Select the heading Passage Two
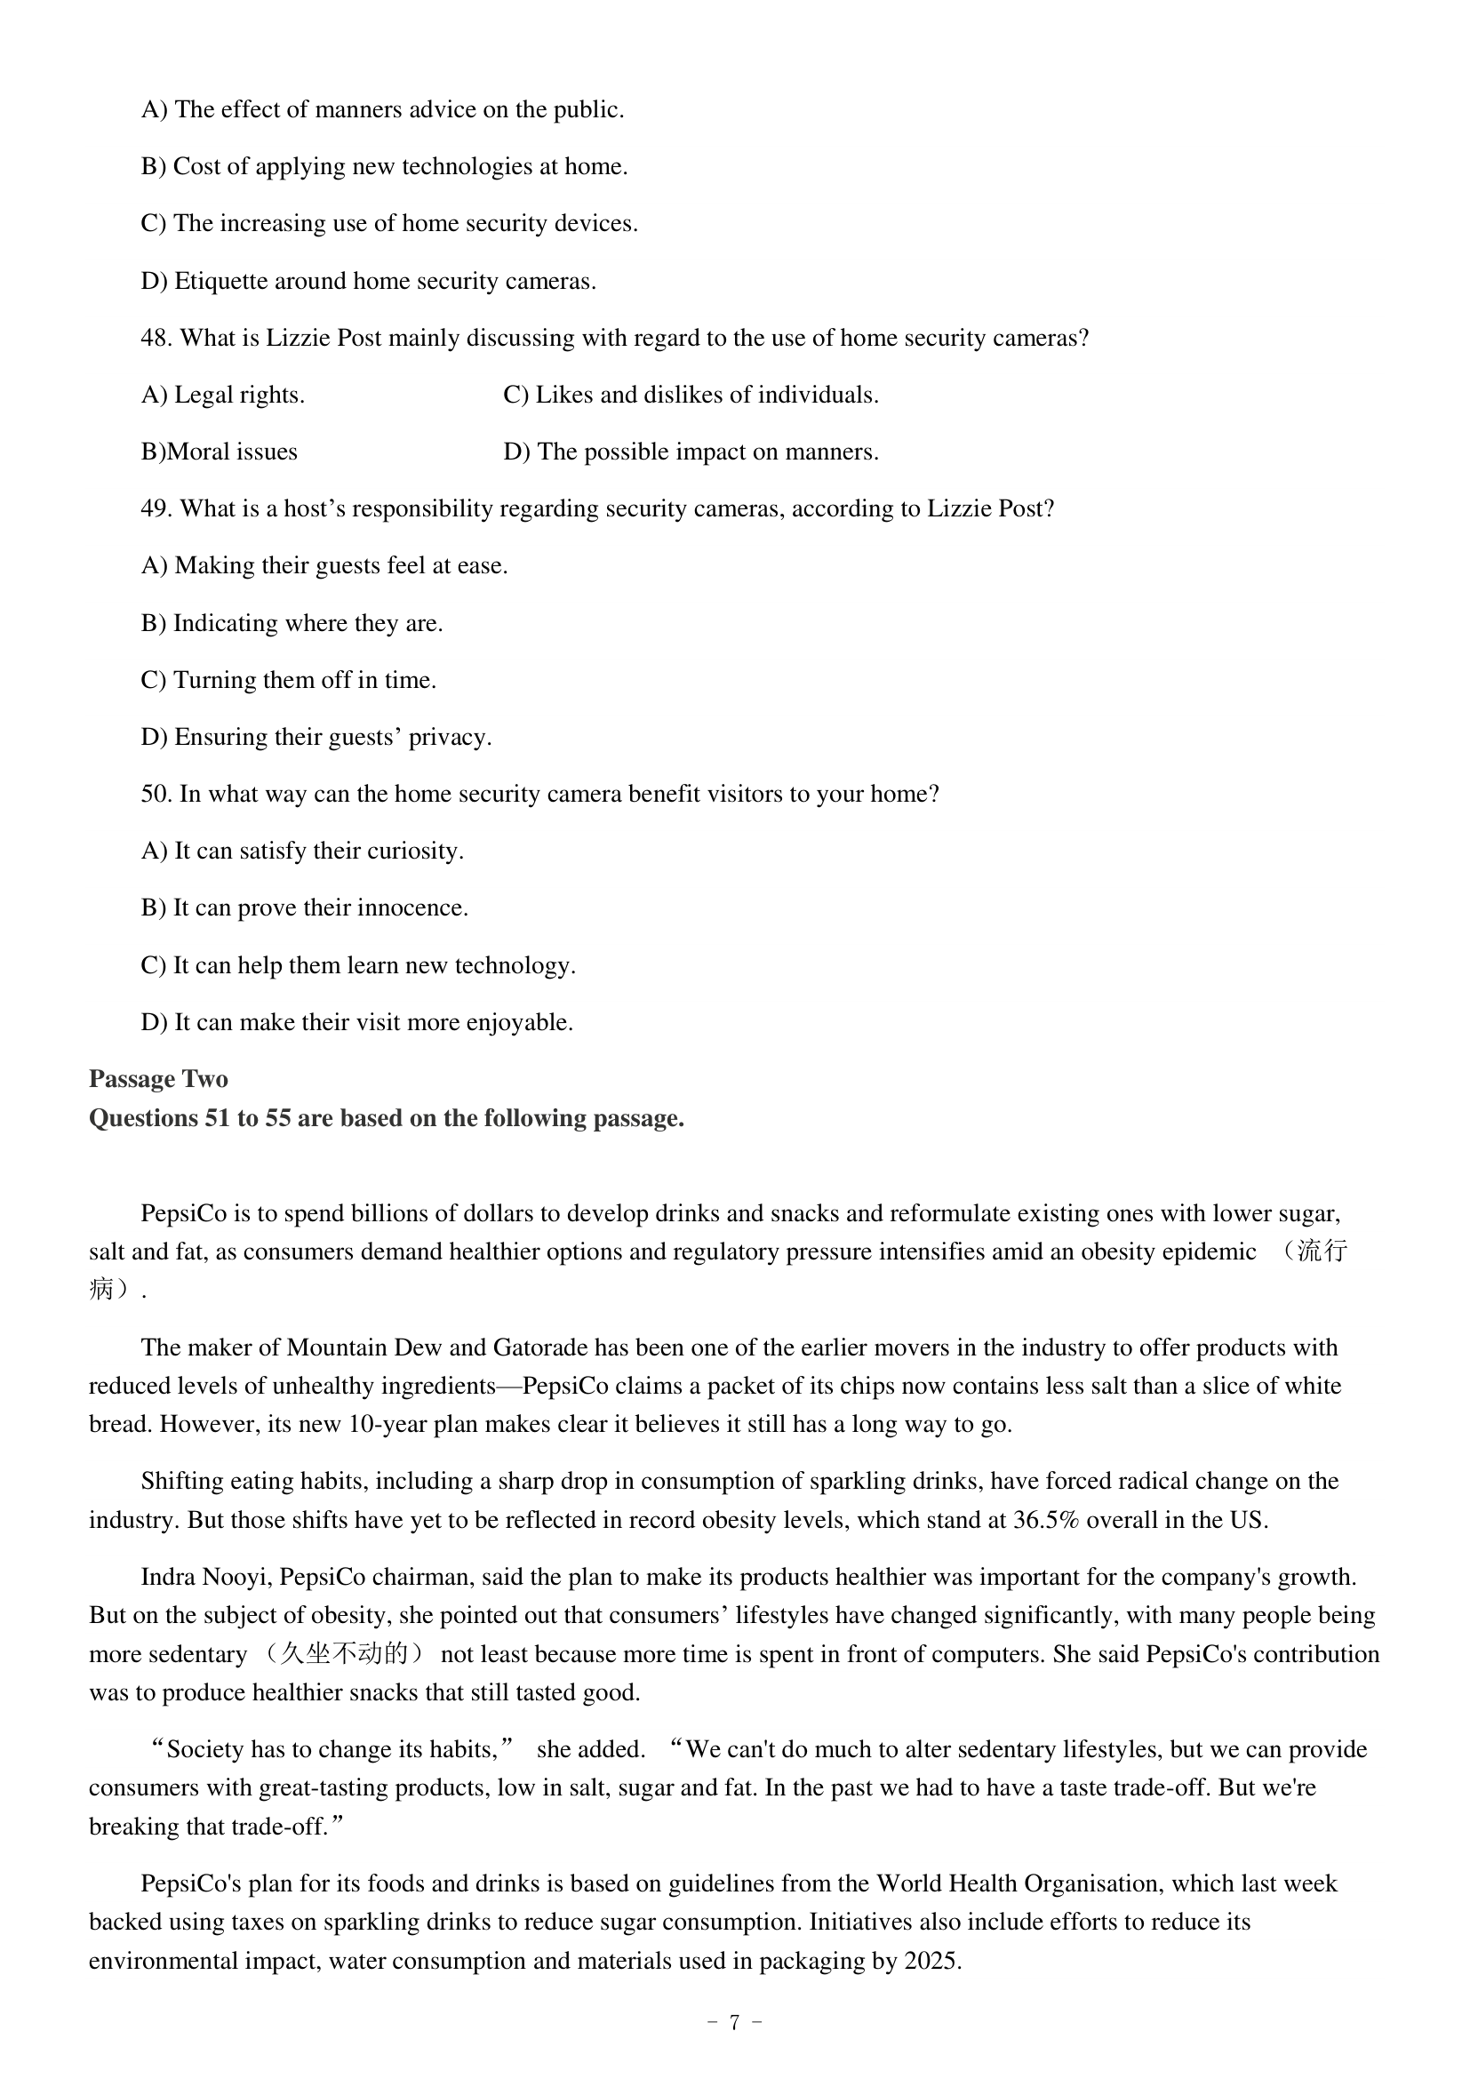tap(158, 1079)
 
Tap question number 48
tap(156, 338)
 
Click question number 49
tap(156, 509)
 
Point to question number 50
tap(156, 794)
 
